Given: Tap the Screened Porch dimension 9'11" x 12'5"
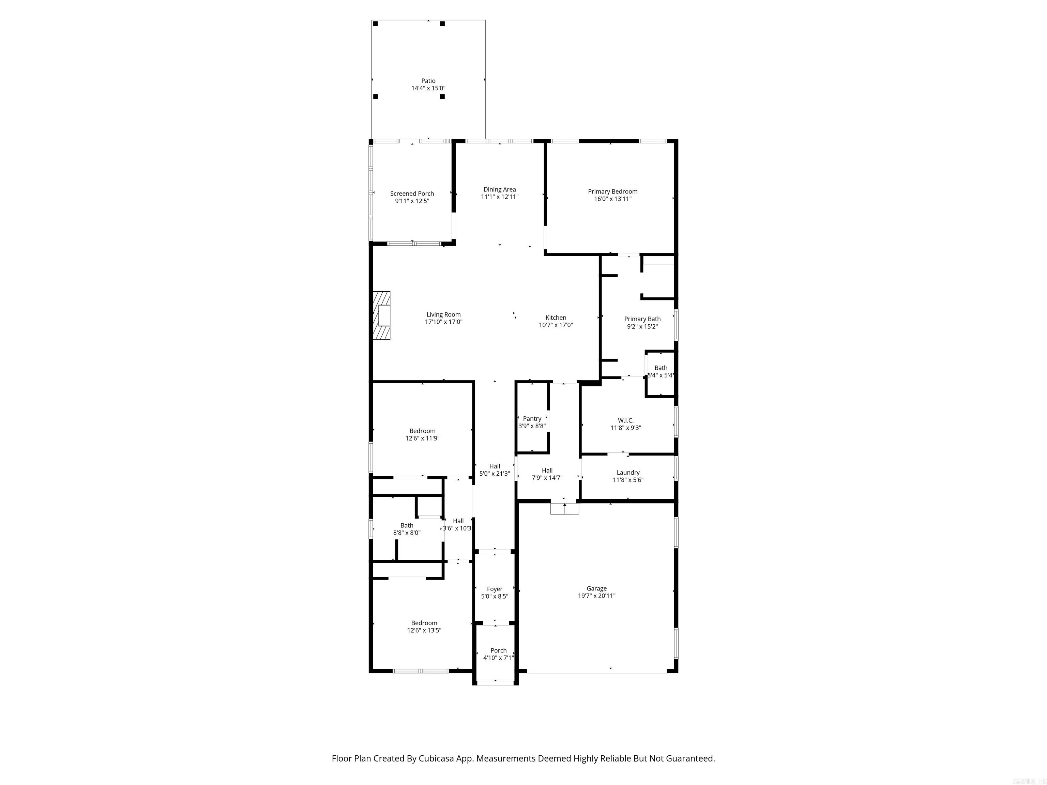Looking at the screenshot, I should [412, 201].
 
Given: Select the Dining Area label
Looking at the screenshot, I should [499, 189].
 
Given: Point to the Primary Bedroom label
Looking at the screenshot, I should [612, 191].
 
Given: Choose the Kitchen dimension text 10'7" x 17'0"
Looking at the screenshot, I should [556, 325].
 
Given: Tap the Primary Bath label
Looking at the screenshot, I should [642, 319].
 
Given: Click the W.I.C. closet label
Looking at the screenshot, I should [625, 420].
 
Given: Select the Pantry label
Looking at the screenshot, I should [532, 418].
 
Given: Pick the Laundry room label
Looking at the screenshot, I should [628, 472].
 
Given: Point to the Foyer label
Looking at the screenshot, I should [494, 589].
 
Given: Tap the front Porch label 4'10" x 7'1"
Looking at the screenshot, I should [498, 654].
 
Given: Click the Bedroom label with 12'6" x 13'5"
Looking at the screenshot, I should [424, 623].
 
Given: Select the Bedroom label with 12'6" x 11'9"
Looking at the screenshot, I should [422, 431].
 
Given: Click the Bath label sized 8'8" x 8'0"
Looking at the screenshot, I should [407, 525].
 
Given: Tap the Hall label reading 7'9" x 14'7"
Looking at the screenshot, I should [547, 470].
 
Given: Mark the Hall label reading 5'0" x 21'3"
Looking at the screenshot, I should [494, 466].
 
